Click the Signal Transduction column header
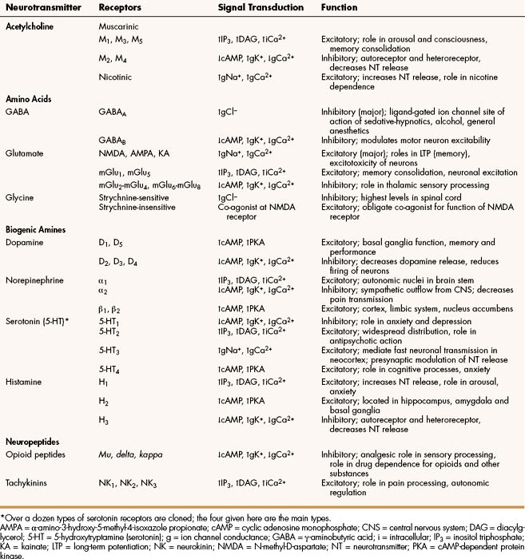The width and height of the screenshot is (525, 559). (261, 7)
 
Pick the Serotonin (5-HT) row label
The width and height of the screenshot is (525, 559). (39, 320)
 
